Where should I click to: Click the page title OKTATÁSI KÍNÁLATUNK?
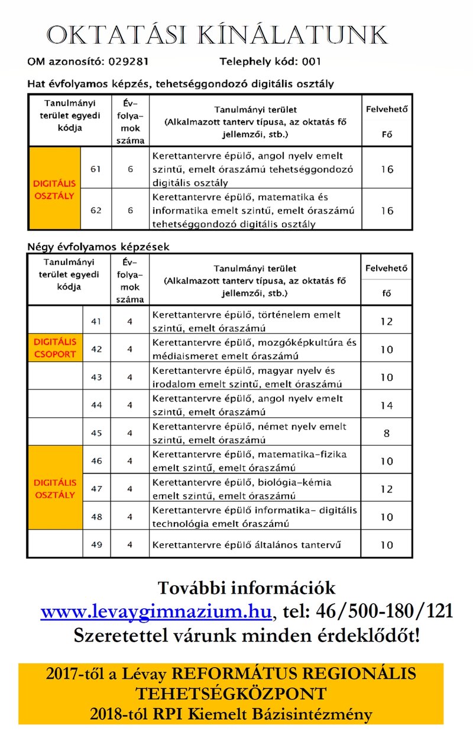(x=218, y=36)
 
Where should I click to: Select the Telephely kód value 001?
(x=312, y=61)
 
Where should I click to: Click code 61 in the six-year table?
(x=96, y=169)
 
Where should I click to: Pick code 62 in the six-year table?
(x=96, y=210)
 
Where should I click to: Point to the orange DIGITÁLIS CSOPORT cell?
(x=55, y=348)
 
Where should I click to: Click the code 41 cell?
(x=96, y=321)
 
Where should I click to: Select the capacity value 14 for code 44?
(x=386, y=405)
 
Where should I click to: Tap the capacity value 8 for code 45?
(x=386, y=433)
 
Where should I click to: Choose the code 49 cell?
(x=96, y=544)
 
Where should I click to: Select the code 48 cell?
(x=96, y=517)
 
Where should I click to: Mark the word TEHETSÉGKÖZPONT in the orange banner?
(x=231, y=694)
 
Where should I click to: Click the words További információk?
(x=246, y=588)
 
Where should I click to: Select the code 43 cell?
(x=96, y=377)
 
